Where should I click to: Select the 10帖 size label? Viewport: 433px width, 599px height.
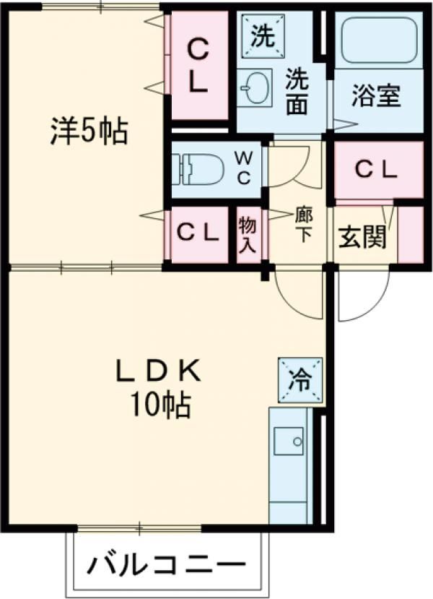tap(159, 406)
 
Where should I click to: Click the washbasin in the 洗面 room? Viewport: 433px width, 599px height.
tap(255, 87)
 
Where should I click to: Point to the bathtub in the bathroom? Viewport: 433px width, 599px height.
tap(377, 40)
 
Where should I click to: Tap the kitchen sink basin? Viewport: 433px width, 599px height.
tap(289, 441)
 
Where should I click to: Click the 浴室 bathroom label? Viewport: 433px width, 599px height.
tap(376, 98)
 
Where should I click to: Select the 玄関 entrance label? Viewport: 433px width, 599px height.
tap(362, 237)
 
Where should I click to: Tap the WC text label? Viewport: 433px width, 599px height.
tap(245, 168)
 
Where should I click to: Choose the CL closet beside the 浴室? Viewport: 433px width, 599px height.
tap(377, 170)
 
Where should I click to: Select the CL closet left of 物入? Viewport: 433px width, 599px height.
tap(198, 233)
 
